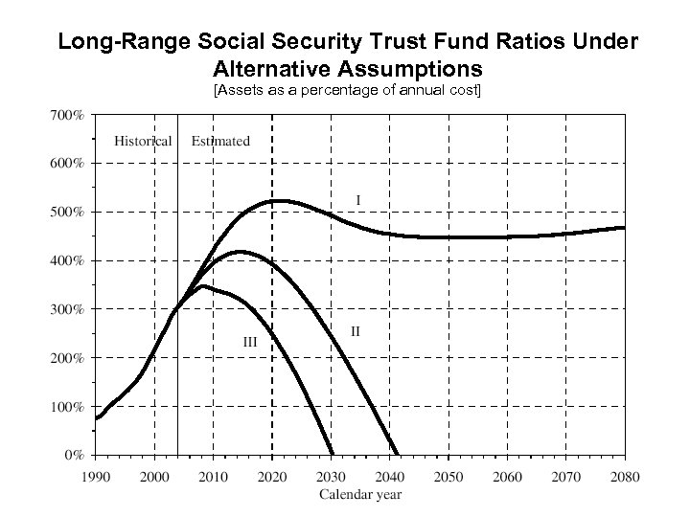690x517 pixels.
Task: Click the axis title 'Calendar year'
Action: pos(359,495)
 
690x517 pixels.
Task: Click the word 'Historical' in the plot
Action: pos(143,141)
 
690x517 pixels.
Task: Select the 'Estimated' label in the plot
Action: pos(220,141)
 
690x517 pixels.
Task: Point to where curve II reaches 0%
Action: pos(398,454)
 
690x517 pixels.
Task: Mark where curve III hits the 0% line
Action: pos(333,454)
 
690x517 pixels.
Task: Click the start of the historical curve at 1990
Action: pos(96,418)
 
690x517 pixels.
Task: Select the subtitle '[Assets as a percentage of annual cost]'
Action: pos(347,90)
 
